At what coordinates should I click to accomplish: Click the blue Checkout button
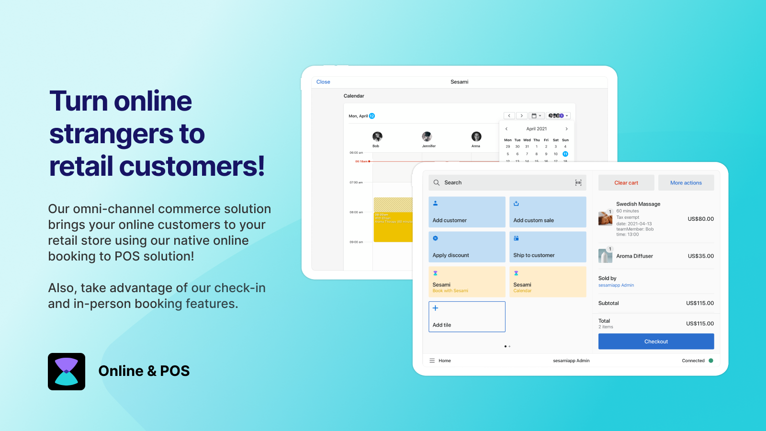tap(656, 341)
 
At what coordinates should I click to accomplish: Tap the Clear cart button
tap(626, 183)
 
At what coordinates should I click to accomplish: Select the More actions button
tap(686, 183)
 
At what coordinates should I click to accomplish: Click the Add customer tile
tap(467, 212)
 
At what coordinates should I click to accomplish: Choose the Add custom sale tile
tap(548, 212)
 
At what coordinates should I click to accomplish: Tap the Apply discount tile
tap(467, 247)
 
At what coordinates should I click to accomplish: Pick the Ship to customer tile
tap(548, 247)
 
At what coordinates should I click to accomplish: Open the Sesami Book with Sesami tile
tap(467, 282)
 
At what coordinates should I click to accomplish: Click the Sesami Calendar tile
tap(548, 282)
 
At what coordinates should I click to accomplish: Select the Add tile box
tap(467, 317)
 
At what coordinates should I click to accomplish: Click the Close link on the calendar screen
tap(323, 82)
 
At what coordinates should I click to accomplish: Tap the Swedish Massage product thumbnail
tap(605, 218)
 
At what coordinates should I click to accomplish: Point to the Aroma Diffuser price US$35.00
tap(700, 256)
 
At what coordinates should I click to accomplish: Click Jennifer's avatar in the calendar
tap(427, 136)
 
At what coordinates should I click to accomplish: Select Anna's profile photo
tap(476, 136)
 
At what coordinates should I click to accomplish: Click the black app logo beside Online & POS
tap(67, 372)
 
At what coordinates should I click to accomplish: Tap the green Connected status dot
tap(711, 361)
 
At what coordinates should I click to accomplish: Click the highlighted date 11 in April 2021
tap(565, 154)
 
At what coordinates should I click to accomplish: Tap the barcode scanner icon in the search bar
tap(578, 182)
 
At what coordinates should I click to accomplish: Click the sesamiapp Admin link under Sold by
tap(616, 285)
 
